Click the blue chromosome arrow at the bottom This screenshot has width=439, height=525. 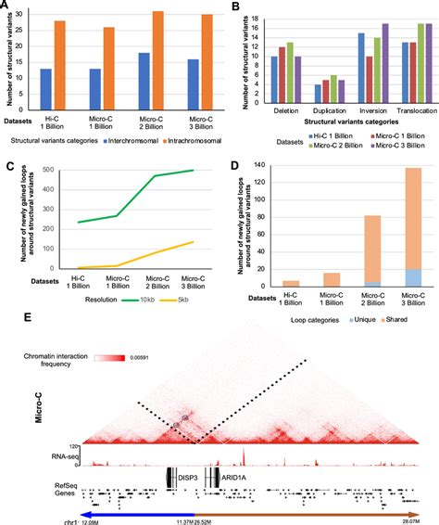tap(139, 512)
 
